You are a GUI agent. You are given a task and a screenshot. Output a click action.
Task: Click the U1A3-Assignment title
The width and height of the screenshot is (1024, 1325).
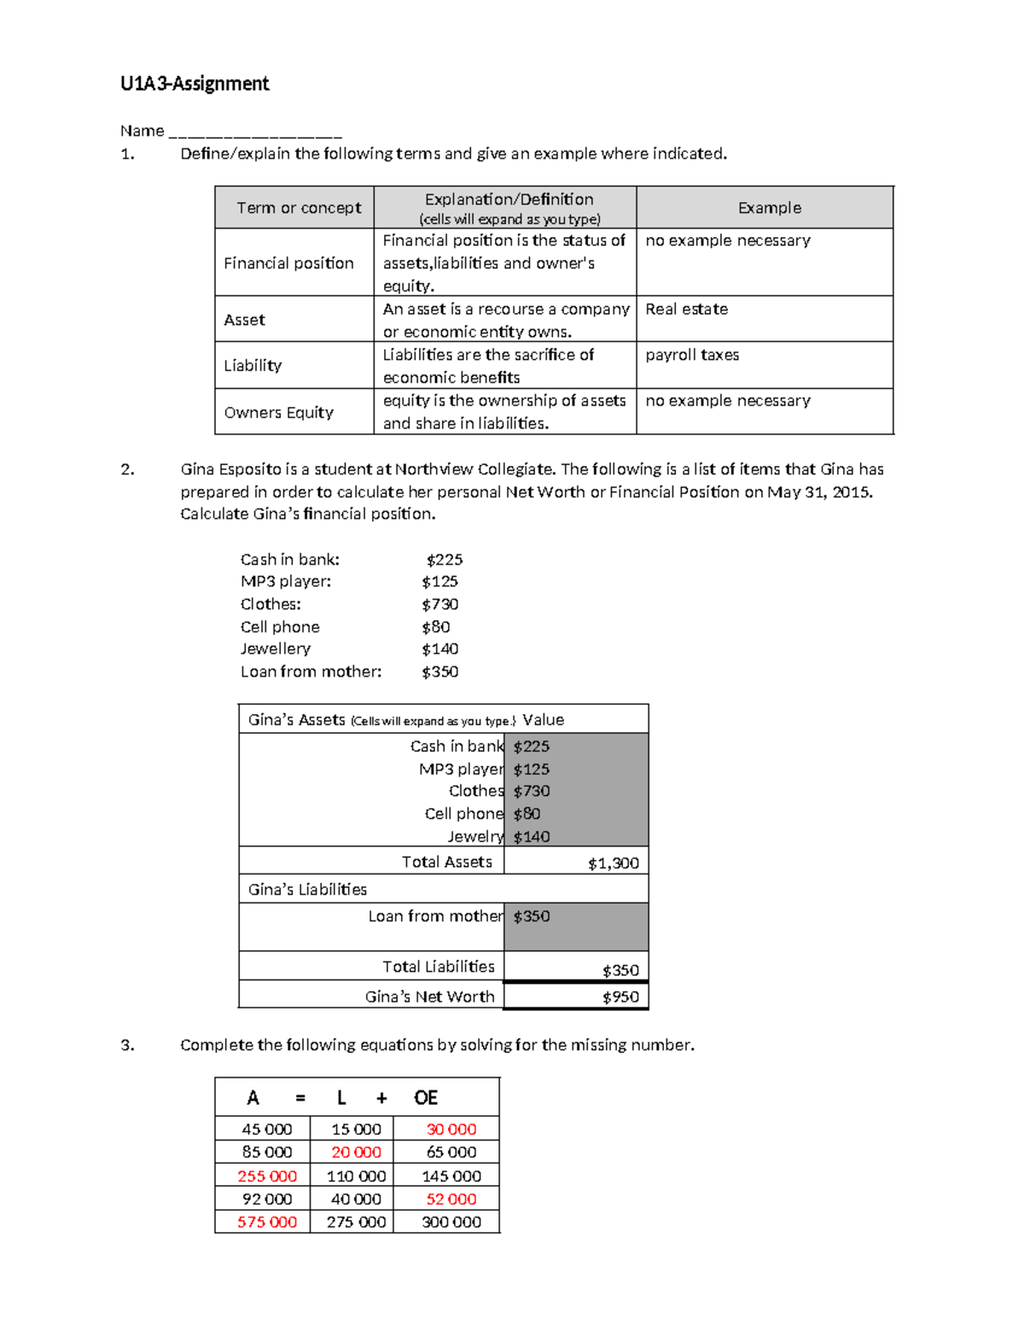[x=195, y=84]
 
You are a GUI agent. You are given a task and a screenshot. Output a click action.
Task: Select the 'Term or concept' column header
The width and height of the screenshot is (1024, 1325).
[x=299, y=208]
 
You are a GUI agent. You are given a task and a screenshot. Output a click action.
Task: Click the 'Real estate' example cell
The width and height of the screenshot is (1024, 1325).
[x=687, y=309]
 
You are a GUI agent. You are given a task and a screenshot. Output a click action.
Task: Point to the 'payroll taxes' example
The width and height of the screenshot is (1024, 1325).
[x=692, y=355]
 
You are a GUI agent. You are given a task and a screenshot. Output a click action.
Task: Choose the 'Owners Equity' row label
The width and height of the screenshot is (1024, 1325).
[x=278, y=413]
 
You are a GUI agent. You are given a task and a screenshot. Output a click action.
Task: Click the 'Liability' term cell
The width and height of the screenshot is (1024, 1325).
[x=253, y=366]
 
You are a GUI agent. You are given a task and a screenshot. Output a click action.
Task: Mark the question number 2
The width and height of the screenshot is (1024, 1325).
[x=127, y=469]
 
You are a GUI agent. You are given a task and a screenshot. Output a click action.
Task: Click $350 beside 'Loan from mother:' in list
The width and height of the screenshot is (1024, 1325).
[x=439, y=672]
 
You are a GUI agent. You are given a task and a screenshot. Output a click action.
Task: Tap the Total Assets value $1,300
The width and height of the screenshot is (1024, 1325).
[x=613, y=863]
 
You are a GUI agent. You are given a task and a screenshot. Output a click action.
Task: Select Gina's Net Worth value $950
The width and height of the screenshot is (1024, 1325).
[x=620, y=997]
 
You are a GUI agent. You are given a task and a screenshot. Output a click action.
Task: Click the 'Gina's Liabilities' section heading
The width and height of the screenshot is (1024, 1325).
[x=307, y=890]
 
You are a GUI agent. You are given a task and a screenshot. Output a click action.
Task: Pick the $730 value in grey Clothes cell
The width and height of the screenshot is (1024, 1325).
[x=532, y=792]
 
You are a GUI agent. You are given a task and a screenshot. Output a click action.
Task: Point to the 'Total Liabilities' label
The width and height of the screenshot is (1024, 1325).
[x=438, y=967]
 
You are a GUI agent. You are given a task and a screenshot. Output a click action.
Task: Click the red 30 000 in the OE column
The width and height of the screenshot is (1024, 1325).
[x=451, y=1130]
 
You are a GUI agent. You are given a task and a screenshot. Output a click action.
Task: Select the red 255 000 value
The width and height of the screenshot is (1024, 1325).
[x=267, y=1177]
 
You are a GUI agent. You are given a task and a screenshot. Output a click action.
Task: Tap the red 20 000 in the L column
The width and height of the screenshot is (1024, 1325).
[x=356, y=1153]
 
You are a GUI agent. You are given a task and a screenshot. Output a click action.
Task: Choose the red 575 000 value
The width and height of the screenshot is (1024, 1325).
[x=267, y=1223]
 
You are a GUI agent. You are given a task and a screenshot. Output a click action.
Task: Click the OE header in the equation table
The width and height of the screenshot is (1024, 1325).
[x=426, y=1098]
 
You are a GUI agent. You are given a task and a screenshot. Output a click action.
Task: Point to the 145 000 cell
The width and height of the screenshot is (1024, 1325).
[x=451, y=1177]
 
